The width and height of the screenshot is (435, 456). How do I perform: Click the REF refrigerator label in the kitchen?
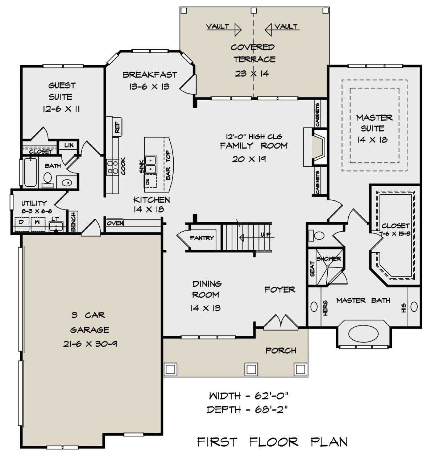pyautogui.click(x=117, y=127)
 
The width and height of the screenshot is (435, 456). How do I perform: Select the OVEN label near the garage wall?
pyautogui.click(x=115, y=223)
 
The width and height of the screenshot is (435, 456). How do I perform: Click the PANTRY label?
pyautogui.click(x=202, y=238)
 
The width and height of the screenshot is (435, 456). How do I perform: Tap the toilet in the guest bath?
pyautogui.click(x=47, y=179)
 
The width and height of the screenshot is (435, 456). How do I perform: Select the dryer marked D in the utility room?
pyautogui.click(x=22, y=224)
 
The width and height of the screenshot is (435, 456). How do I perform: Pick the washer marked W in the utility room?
pyautogui.click(x=38, y=224)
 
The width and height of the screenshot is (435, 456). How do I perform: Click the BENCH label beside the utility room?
pyautogui.click(x=74, y=222)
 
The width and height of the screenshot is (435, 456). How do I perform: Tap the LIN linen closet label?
pyautogui.click(x=69, y=145)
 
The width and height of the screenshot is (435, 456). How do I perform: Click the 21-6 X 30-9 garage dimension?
pyautogui.click(x=90, y=344)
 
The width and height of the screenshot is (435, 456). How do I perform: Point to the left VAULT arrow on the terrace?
pyautogui.click(x=224, y=30)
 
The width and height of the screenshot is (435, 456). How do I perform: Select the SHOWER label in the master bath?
pyautogui.click(x=329, y=258)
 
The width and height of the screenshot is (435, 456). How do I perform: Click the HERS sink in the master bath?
pyautogui.click(x=314, y=307)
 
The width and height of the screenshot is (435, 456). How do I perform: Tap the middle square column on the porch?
pyautogui.click(x=251, y=369)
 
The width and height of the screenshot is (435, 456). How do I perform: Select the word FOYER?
pyautogui.click(x=280, y=290)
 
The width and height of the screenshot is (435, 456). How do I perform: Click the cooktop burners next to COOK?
pyautogui.click(x=112, y=167)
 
